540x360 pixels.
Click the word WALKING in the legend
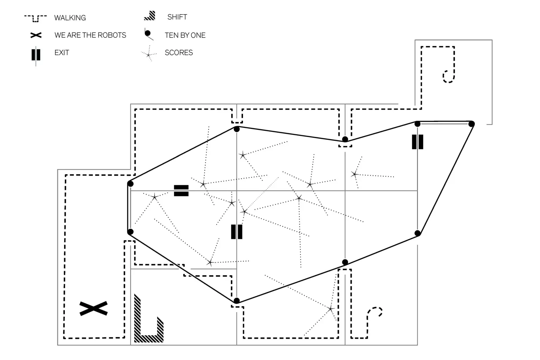70,18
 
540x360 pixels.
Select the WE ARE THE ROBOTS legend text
90,35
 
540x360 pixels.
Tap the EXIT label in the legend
62,53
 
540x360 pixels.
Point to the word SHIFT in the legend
177,17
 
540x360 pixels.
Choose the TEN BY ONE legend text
185,35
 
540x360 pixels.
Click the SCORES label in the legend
179,53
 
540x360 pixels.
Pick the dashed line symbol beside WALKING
35,18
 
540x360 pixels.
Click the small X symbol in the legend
36,35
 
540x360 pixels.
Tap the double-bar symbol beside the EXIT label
36,55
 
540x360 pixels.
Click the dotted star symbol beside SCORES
148,54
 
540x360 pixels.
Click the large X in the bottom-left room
93,308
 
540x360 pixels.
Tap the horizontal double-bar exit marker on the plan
181,190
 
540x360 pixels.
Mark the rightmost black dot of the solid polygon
471,124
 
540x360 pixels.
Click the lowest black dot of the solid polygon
237,301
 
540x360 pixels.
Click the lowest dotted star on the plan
331,309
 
